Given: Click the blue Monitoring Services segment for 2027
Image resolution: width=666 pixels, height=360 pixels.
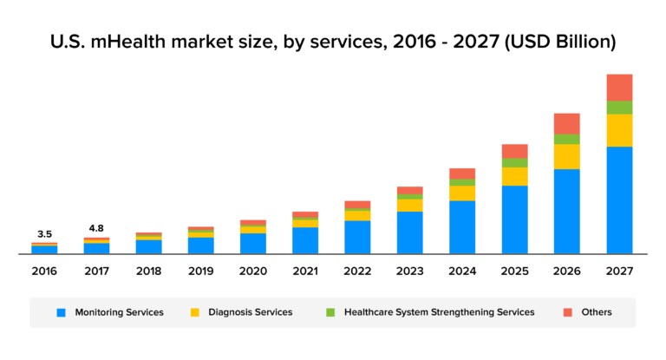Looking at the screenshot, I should tap(619, 200).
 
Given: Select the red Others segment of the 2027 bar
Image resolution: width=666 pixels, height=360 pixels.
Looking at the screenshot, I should tap(619, 88).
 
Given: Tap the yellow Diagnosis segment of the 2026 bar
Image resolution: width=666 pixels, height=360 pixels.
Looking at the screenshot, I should tap(566, 156).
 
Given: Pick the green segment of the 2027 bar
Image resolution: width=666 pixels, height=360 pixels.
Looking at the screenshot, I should tap(619, 108).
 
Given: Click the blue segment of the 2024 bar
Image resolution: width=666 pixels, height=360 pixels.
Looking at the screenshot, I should tap(462, 227).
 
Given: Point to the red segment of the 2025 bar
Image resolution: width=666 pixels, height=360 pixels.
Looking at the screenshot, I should tap(514, 151).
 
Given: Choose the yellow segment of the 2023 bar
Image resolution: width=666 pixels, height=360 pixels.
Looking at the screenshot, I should tap(410, 205).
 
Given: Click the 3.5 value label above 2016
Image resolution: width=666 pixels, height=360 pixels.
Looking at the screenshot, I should tap(45, 234).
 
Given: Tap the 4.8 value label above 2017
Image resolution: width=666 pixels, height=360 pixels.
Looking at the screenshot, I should tap(97, 229).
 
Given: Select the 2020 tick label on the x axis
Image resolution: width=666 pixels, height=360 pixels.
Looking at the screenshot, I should tap(253, 272).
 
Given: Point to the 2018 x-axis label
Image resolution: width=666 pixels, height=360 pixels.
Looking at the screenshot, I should tap(149, 272).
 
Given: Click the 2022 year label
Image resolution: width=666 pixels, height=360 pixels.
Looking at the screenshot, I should tap(357, 272).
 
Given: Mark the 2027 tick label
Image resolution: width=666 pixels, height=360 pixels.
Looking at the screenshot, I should tap(619, 272).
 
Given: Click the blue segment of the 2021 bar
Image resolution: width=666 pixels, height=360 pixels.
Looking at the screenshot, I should tap(305, 240).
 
